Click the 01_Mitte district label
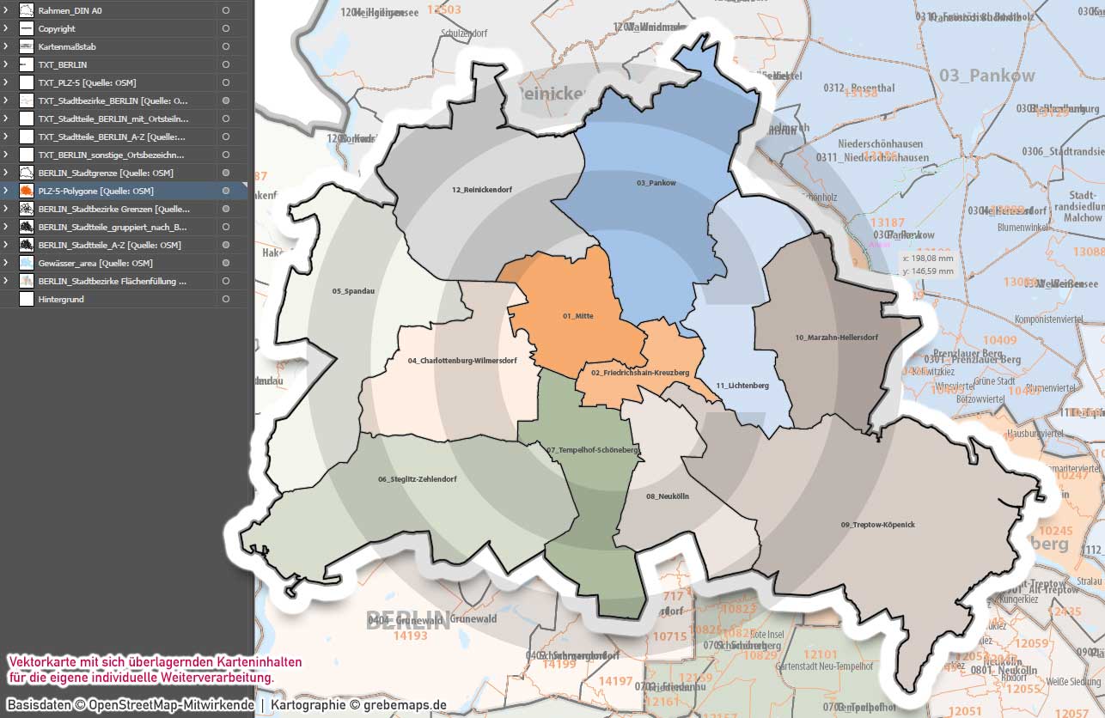577,316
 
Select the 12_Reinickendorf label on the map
481,189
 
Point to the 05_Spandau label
353,291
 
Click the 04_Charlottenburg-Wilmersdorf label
462,361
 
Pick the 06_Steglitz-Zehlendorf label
417,478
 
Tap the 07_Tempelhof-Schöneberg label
592,450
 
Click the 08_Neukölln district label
668,496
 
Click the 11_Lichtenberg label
742,386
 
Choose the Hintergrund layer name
61,299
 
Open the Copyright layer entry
57,28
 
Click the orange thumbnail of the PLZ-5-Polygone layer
26,191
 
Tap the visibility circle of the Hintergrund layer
225,299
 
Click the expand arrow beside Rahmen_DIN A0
5,10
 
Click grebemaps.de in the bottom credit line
404,705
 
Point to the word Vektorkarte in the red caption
40,662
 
